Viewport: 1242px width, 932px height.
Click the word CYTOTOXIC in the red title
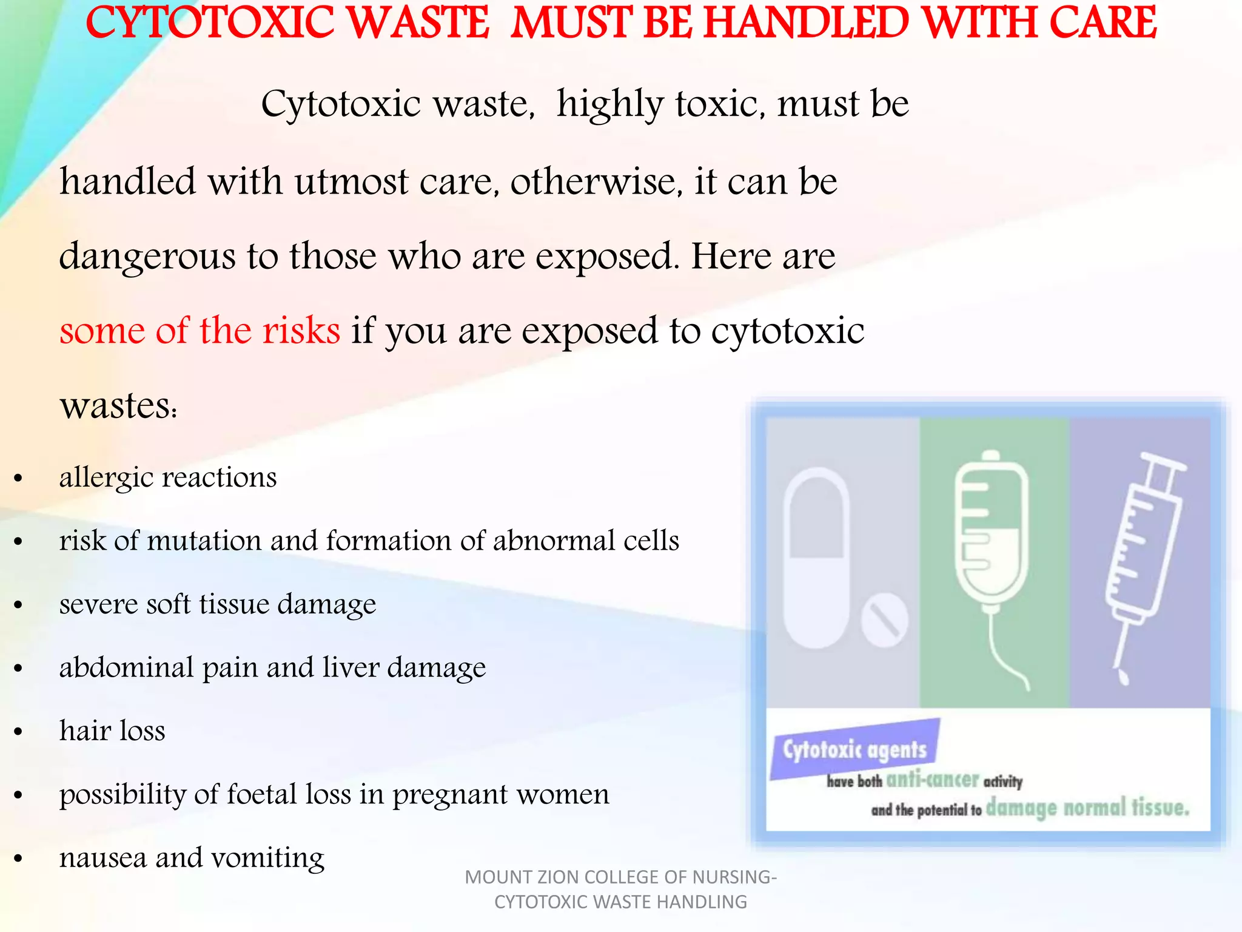pos(209,23)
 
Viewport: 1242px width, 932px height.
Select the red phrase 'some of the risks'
pos(200,331)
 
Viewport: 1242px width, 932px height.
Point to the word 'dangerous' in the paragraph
pos(147,257)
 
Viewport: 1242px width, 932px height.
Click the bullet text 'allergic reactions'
pos(168,478)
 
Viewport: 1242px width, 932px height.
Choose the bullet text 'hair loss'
pos(112,731)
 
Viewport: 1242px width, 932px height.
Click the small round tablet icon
pos(884,620)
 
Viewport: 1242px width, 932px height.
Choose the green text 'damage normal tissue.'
pos(1087,808)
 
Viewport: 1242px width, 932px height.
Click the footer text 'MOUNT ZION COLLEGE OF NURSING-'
pos(620,877)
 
